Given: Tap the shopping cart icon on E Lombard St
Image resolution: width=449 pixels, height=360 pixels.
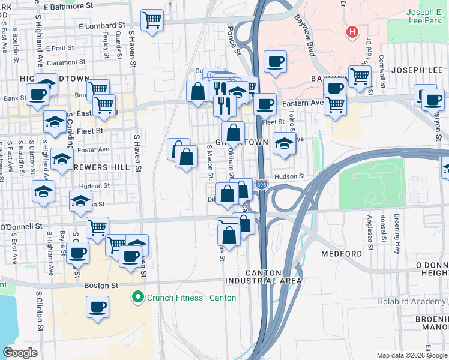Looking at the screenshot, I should point(152,20).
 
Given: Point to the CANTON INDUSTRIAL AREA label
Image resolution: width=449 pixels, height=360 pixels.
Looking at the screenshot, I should point(264,276).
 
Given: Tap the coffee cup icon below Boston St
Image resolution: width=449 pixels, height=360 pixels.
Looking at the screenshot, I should point(98,308).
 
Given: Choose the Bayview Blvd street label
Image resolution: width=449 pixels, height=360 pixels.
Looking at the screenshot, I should point(305,40).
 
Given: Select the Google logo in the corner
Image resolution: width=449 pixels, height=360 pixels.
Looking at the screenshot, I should point(20,353).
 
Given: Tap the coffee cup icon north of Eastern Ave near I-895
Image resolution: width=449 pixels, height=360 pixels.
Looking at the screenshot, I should point(275,61).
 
